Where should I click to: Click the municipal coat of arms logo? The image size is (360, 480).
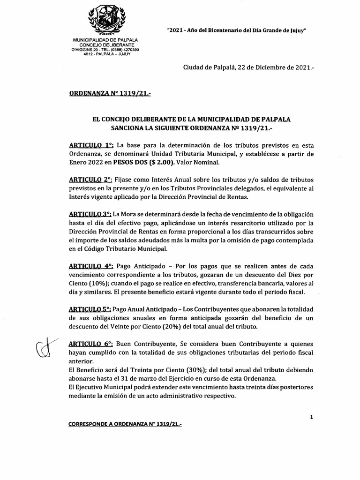pos(107,18)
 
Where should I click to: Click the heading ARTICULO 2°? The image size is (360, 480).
pos(90,180)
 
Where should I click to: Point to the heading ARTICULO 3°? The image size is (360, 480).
pos(90,214)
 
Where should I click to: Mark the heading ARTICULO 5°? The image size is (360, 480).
pos(90,309)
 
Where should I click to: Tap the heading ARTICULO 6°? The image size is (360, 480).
pos(90,344)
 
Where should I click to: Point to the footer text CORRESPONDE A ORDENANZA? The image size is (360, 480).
pos(125,424)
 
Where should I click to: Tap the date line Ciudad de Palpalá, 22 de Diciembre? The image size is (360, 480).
pos(248,67)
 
